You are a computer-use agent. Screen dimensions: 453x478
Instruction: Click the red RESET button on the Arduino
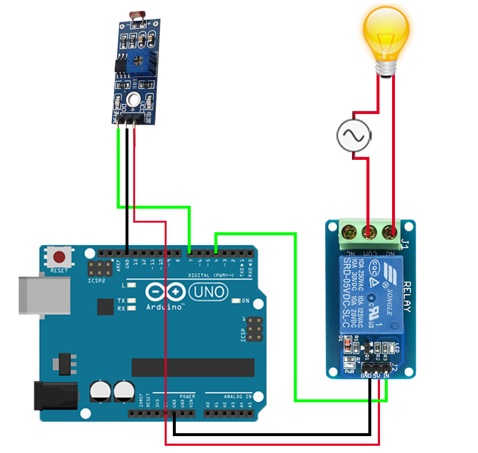(60, 256)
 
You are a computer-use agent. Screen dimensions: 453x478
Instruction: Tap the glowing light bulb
(386, 34)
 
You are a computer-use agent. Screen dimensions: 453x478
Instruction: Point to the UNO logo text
(208, 291)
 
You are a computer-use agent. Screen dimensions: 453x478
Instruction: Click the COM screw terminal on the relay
(369, 232)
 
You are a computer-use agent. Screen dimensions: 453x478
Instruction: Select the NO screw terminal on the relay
(391, 232)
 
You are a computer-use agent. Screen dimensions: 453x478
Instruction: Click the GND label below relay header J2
(366, 376)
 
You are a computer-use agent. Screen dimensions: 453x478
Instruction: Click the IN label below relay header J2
(386, 376)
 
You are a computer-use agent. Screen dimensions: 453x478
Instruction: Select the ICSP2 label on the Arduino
(97, 281)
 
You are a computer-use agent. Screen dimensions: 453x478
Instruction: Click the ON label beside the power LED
(245, 301)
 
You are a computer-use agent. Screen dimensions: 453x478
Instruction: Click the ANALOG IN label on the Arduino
(238, 396)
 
